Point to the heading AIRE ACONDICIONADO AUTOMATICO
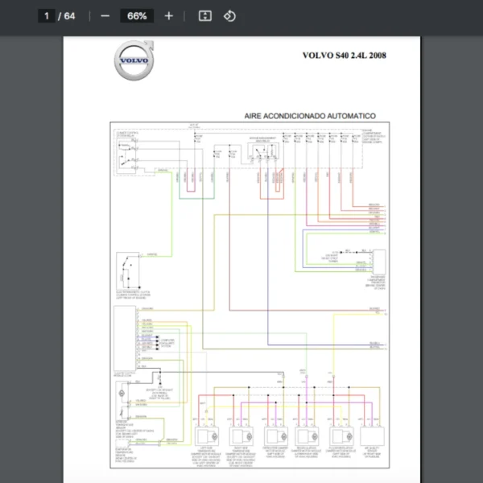310,116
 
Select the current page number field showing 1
47,16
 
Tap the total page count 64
69,16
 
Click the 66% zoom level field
137,16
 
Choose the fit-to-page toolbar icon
204,16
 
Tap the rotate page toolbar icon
229,16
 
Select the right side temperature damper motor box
240,436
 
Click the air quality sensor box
373,436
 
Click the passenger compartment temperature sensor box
377,262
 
